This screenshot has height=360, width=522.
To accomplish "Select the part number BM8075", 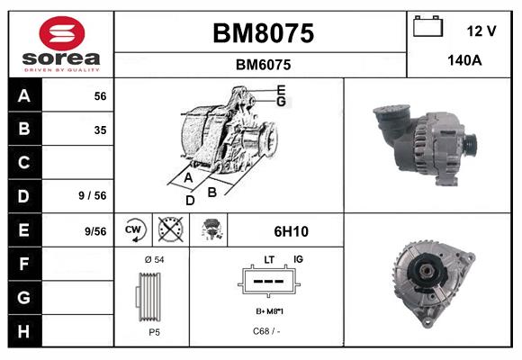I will [262, 33].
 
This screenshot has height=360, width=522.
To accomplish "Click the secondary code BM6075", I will [262, 65].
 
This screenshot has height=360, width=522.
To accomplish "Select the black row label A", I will [24, 96].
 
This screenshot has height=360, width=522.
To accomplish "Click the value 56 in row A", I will [100, 96].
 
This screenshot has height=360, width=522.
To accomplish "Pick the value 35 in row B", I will [100, 130].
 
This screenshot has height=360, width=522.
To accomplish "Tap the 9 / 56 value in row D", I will [94, 193].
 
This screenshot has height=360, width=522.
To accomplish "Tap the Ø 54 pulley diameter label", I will [154, 259].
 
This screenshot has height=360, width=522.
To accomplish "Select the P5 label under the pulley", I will [154, 332].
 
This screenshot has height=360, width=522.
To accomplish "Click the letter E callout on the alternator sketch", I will [281, 90].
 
